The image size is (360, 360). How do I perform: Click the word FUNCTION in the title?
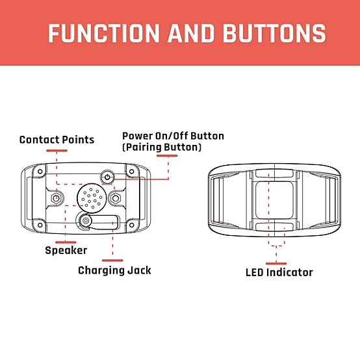click(103, 33)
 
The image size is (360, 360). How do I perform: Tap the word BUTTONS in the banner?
click(274, 33)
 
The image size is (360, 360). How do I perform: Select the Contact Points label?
click(57, 140)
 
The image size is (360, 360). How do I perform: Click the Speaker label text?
click(66, 250)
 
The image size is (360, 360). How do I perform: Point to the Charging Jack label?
click(114, 270)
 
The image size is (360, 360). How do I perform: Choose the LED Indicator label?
click(279, 272)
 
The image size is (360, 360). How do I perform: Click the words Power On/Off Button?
click(173, 136)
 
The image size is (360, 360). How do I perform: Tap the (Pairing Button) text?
click(162, 147)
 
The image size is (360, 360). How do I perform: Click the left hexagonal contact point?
click(56, 198)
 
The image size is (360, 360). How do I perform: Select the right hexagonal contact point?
click(116, 198)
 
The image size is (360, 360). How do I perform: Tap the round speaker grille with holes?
click(92, 198)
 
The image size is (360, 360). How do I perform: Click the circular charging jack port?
click(86, 221)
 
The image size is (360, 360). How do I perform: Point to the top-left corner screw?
click(40, 172)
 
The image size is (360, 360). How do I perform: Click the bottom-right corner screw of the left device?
click(131, 225)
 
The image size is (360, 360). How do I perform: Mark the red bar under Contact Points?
click(57, 151)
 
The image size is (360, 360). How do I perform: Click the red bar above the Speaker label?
click(66, 242)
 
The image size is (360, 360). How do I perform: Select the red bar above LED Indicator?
click(276, 264)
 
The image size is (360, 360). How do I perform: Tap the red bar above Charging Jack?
click(112, 261)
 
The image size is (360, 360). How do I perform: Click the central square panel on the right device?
click(274, 200)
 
